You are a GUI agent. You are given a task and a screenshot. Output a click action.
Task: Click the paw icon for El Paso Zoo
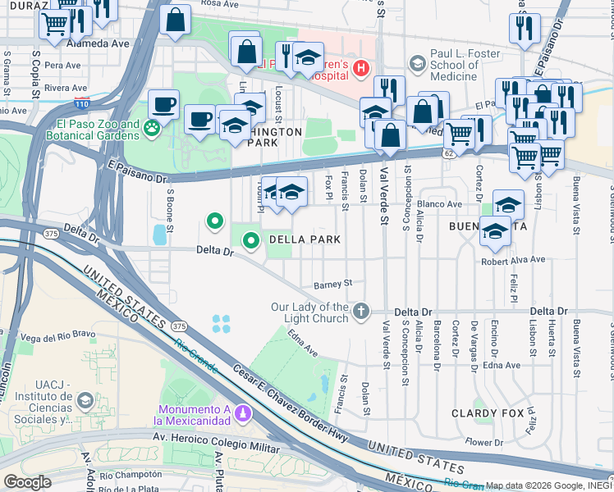click(x=152, y=127)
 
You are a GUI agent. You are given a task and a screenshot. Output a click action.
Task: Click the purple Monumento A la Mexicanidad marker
click(x=241, y=412)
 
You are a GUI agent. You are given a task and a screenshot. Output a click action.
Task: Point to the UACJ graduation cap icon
click(x=85, y=400)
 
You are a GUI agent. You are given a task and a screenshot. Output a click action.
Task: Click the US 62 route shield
click(x=447, y=153)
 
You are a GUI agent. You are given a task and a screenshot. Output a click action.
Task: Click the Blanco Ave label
click(x=440, y=203)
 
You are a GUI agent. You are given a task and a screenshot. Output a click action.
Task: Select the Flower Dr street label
click(x=484, y=442)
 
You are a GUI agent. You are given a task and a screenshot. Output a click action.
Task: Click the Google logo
click(x=28, y=482)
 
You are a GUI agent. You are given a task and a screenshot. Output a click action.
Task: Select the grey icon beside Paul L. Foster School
click(x=418, y=63)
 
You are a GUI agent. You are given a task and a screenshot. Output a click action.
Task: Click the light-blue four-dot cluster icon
click(x=221, y=324)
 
